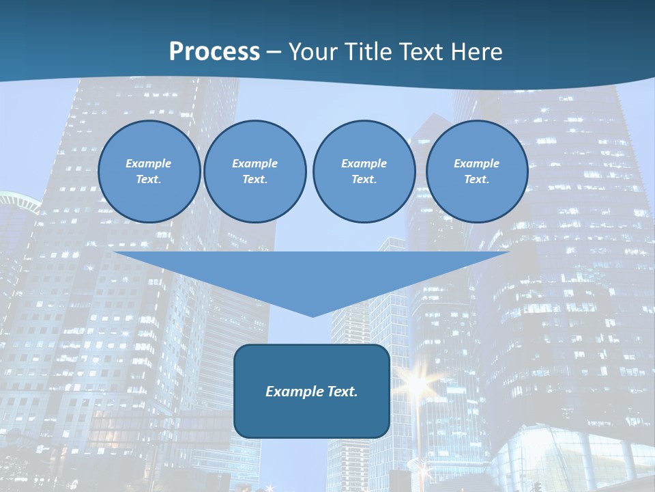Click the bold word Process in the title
pyautogui.click(x=214, y=52)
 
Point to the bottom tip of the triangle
pyautogui.click(x=312, y=315)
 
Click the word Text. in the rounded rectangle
pyautogui.click(x=340, y=392)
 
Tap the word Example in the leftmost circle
pyautogui.click(x=149, y=163)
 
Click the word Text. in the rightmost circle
pyautogui.click(x=476, y=179)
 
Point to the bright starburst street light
pyautogui.click(x=416, y=383)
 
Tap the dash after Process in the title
pyautogui.click(x=274, y=52)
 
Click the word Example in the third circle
pyautogui.click(x=364, y=163)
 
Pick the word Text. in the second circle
pyautogui.click(x=254, y=179)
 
